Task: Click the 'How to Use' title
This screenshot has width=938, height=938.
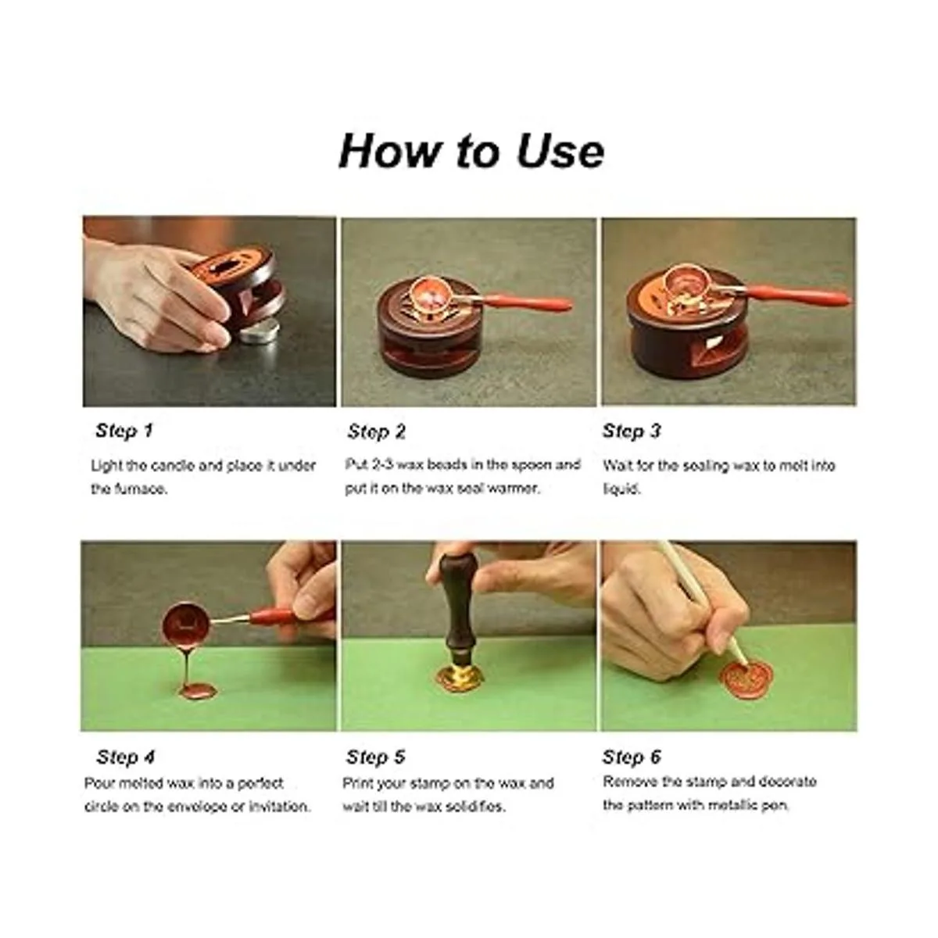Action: click(x=471, y=150)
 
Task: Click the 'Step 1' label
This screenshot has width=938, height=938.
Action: click(x=124, y=430)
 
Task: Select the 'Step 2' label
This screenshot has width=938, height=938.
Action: click(x=376, y=431)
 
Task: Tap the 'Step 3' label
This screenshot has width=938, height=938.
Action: click(x=632, y=431)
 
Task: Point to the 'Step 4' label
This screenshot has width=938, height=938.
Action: click(x=125, y=757)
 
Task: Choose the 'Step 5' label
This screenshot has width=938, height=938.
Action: click(x=375, y=757)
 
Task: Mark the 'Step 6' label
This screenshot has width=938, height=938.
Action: click(x=632, y=757)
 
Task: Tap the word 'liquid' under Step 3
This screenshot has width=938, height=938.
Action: click(x=621, y=489)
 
